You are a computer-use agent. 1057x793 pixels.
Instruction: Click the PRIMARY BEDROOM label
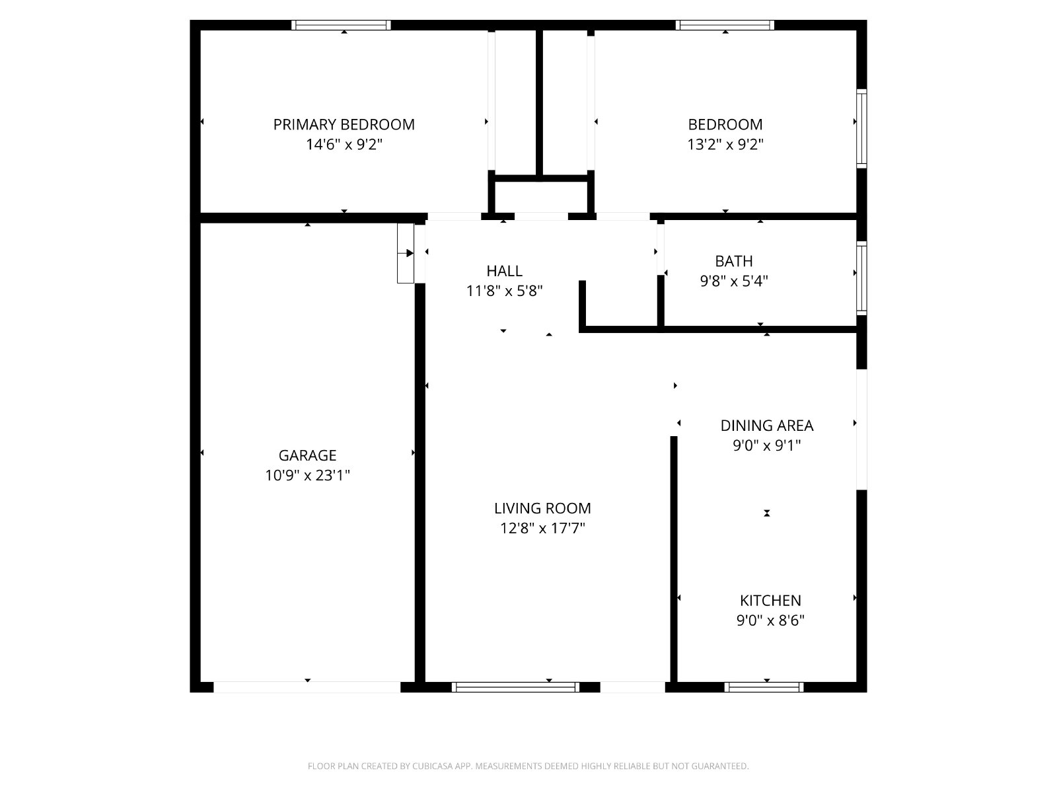[344, 125]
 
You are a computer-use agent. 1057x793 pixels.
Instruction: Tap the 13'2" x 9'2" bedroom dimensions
[725, 145]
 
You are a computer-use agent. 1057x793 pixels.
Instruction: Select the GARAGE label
[307, 455]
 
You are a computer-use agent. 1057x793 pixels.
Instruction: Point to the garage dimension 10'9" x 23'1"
[307, 476]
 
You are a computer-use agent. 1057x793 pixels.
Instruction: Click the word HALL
[504, 271]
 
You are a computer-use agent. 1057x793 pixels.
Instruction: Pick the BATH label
[733, 261]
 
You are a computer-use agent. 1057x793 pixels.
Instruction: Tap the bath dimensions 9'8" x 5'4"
[733, 282]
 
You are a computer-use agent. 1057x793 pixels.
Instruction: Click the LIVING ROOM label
[542, 508]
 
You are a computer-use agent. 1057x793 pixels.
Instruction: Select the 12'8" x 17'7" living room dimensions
[542, 529]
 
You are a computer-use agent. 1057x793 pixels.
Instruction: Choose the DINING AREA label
[766, 426]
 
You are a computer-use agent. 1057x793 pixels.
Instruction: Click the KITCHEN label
[770, 601]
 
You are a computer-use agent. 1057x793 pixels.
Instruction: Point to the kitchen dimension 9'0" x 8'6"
[770, 621]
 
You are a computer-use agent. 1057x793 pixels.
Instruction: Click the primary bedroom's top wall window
[341, 25]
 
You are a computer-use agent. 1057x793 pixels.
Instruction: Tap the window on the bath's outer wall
[861, 278]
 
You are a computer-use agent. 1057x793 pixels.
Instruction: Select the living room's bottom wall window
[516, 687]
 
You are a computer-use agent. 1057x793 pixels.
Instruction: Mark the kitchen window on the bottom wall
[764, 687]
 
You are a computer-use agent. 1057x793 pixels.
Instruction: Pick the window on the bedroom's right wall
[861, 129]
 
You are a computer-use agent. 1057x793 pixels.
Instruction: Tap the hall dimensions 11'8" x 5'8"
[504, 291]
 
